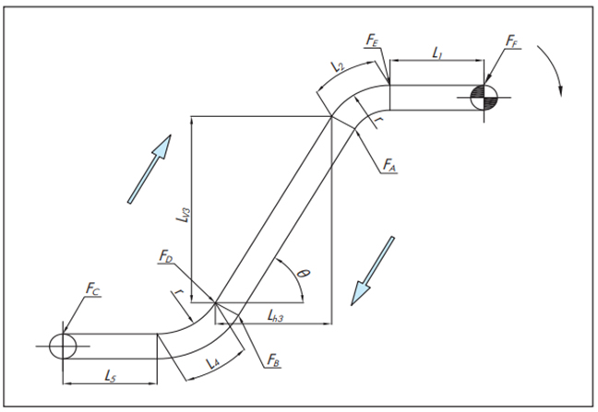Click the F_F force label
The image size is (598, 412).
pos(514,41)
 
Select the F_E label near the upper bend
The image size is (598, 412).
pos(370,41)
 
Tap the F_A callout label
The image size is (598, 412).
pos(389,166)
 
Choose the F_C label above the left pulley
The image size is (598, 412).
pos(92,290)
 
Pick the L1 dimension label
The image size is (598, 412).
pos(437,53)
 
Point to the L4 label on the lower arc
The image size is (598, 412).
pos(210,363)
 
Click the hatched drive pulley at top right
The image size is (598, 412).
pos(484,96)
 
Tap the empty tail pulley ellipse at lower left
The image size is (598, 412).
pos(64,345)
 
